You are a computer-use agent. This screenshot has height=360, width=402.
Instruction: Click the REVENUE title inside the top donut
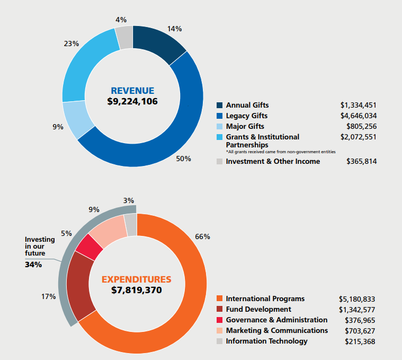(x=132, y=90)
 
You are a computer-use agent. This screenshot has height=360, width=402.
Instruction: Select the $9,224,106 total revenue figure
(x=132, y=101)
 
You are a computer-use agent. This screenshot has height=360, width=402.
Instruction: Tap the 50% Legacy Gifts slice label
(x=184, y=159)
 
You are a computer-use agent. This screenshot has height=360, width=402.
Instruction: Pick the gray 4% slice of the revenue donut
(x=124, y=37)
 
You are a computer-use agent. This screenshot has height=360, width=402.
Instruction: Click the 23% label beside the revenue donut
(x=71, y=43)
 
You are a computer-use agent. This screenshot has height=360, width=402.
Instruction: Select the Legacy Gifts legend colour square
(x=220, y=116)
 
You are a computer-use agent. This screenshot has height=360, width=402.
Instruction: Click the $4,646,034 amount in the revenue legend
(x=359, y=116)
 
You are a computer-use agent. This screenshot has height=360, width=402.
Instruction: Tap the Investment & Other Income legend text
(x=273, y=161)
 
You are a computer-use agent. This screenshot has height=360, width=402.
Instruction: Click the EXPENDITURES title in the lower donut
(x=136, y=279)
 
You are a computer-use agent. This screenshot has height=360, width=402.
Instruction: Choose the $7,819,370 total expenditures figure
(x=136, y=290)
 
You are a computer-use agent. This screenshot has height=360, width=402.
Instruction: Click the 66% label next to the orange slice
(x=202, y=236)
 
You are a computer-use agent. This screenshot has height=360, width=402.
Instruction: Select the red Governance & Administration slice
(x=89, y=247)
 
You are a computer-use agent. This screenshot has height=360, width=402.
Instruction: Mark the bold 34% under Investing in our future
(x=33, y=264)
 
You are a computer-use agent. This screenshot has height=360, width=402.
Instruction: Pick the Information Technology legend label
(x=266, y=341)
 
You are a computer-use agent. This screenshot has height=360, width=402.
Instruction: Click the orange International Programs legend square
(x=220, y=299)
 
